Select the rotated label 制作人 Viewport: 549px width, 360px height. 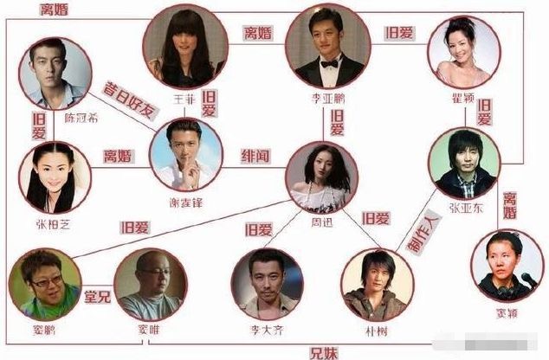click(x=419, y=232)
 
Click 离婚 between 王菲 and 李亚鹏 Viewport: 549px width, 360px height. click(x=259, y=35)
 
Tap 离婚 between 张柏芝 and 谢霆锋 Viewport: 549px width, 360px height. click(x=116, y=157)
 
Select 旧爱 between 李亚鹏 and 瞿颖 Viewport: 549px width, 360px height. click(x=399, y=35)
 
